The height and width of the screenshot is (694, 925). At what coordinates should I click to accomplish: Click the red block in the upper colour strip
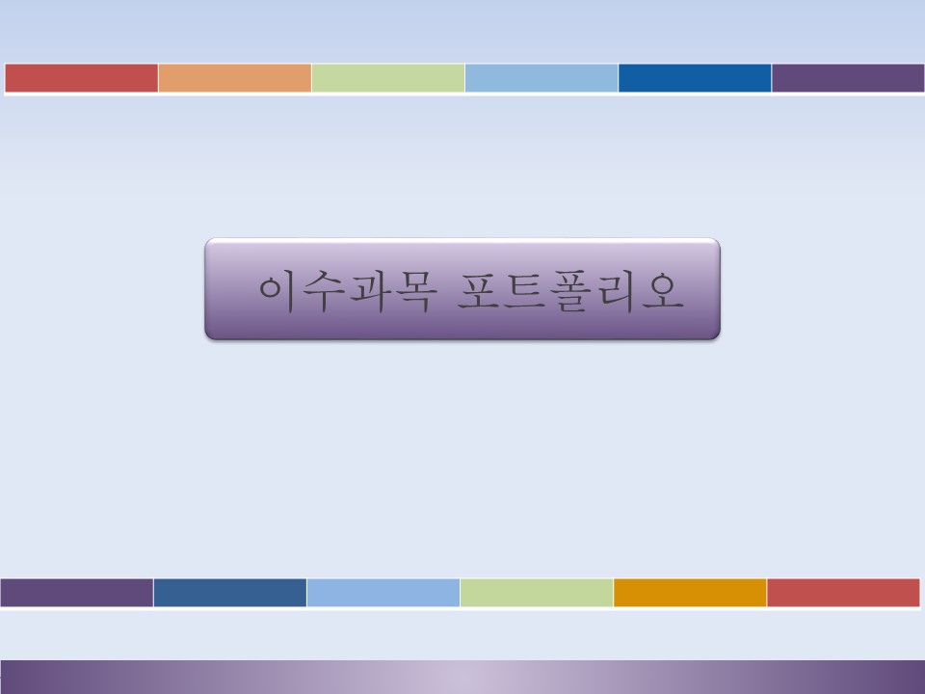coord(81,78)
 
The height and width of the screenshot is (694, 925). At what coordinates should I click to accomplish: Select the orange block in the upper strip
coord(235,78)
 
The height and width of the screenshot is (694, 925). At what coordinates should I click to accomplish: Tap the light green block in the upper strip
coord(388,78)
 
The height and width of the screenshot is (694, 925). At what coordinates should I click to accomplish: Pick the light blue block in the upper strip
coord(542,78)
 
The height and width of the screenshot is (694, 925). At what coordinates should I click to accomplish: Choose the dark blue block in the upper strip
coord(695,78)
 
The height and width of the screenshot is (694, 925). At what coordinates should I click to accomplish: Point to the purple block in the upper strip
coord(848,78)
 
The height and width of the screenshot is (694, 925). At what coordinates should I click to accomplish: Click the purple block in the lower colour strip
coord(77,593)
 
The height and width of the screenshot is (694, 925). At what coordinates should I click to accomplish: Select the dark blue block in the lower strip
coord(230,593)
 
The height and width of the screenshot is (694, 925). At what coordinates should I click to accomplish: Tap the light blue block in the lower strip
coord(383,593)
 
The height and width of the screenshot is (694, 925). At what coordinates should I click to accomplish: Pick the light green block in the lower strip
coord(537,593)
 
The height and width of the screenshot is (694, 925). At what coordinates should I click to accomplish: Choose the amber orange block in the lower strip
coord(690,593)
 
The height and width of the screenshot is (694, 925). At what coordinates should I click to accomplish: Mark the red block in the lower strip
coord(844,593)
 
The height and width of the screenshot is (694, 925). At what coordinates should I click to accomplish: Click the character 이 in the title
coord(277,291)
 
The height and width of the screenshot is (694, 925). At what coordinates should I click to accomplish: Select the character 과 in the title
coord(369,291)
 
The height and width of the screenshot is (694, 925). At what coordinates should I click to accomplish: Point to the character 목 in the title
coord(416,291)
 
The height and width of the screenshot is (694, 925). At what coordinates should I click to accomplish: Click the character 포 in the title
coord(479,291)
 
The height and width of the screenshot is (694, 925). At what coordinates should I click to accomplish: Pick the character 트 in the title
coord(524,291)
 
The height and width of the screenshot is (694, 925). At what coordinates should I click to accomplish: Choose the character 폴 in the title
coord(570,291)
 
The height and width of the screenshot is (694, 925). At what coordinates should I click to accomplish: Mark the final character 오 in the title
coord(663,291)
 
